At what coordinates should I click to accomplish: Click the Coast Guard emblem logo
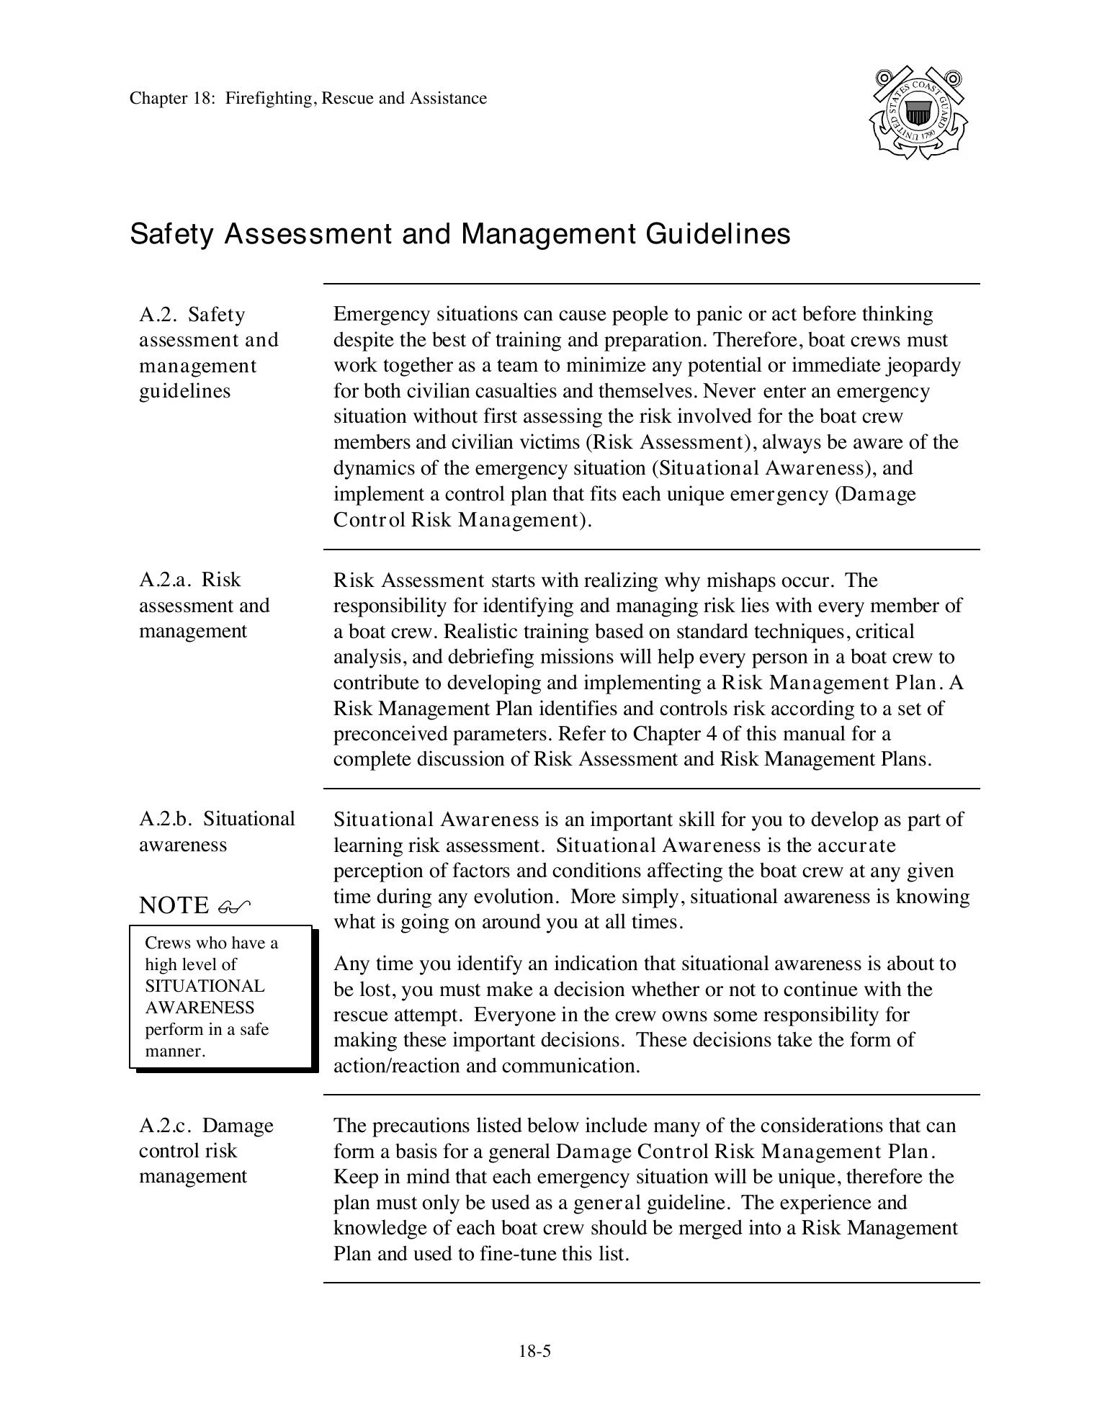pos(918,113)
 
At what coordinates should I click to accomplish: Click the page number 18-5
pos(534,1351)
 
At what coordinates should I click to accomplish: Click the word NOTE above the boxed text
pos(174,905)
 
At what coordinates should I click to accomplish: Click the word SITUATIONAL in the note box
pos(205,986)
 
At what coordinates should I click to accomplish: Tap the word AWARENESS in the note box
pos(200,1008)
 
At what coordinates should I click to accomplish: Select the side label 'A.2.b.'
pos(166,819)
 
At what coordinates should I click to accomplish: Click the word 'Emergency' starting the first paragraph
pos(375,314)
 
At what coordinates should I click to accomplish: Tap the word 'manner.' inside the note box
pos(175,1051)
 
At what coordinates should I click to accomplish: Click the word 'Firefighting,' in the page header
pos(272,98)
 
